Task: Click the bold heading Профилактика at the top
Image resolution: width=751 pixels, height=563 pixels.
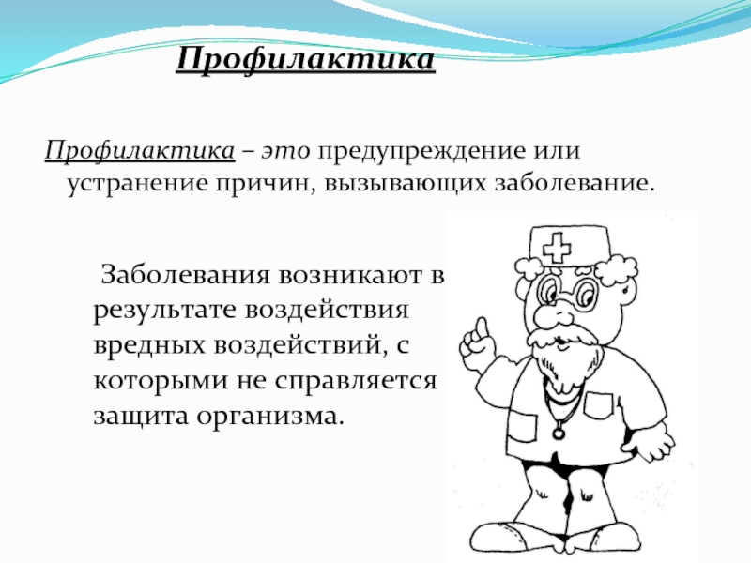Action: pyautogui.click(x=306, y=60)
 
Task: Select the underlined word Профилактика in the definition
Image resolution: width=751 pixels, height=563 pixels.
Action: pyautogui.click(x=140, y=152)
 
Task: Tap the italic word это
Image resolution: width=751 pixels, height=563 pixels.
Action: pyautogui.click(x=286, y=152)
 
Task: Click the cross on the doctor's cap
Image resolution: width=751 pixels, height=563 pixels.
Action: pyautogui.click(x=557, y=249)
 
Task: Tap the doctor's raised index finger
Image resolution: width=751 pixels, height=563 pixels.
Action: pyautogui.click(x=482, y=327)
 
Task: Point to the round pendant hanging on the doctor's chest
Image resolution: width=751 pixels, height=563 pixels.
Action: pyautogui.click(x=559, y=434)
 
